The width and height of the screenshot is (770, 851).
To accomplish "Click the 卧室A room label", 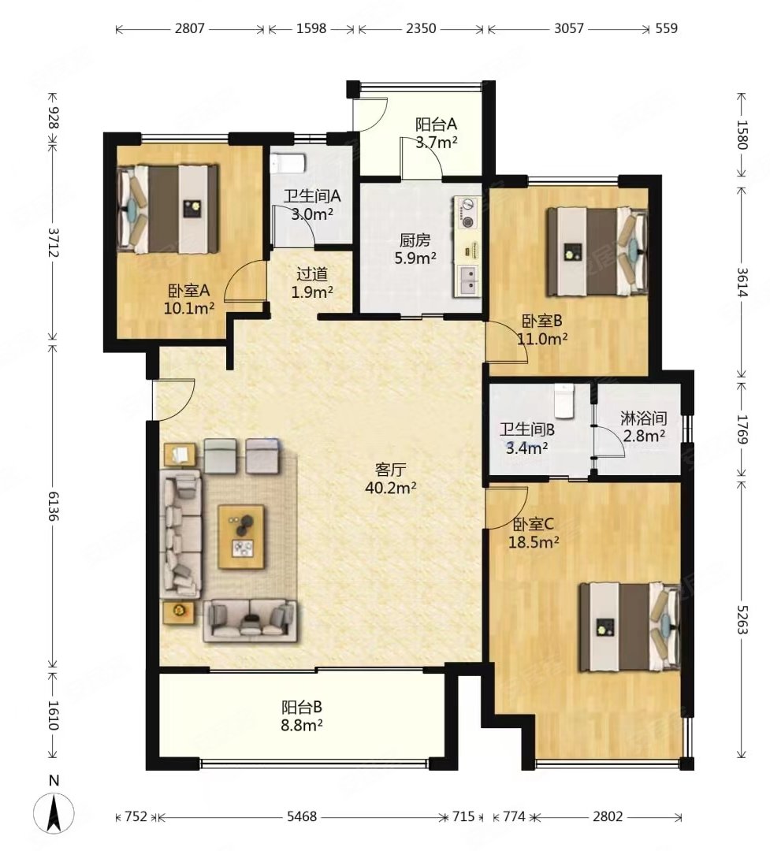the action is pos(188,291).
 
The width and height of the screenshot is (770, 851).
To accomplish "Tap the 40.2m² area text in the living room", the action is pos(391,488).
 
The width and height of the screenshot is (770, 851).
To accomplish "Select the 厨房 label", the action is pos(415,240).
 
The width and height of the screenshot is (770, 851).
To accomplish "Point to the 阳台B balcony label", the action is pos(302,707).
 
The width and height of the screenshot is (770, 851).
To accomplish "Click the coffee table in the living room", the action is pos(241,537).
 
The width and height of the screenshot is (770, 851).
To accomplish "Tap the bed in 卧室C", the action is pos(630,627).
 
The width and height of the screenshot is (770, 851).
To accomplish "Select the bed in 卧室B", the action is pos(597,251).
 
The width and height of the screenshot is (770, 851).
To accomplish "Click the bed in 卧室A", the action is pos(168,209).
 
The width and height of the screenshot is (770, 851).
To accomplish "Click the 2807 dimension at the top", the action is pos(189,28).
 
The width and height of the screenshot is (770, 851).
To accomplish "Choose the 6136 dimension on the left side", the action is pos(54,506).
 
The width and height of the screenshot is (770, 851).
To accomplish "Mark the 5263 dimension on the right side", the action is pos(742,619).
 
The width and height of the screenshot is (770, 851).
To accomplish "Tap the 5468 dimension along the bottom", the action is pos(301,816).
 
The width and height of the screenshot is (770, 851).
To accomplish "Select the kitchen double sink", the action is pos(467,280).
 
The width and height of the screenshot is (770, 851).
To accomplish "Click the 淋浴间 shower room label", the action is pos(644,418).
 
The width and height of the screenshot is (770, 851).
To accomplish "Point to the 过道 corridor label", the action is pos(312,273).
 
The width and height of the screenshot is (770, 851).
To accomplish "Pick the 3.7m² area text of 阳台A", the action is pos(437,142).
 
